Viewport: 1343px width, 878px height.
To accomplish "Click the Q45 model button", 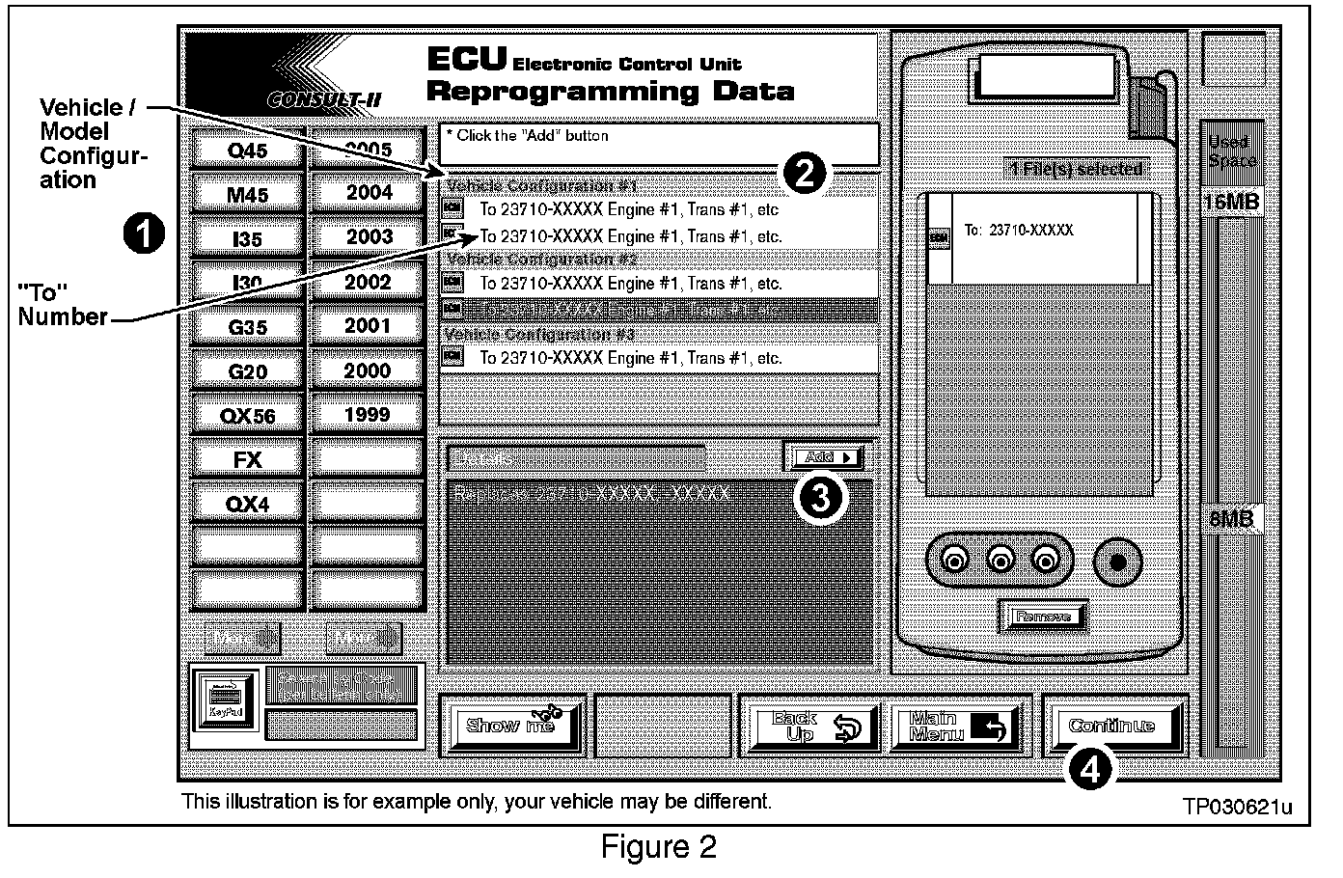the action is (x=248, y=150).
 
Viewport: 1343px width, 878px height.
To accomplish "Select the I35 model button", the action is (x=248, y=238).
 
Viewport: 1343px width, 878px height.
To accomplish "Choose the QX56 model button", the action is (x=248, y=416).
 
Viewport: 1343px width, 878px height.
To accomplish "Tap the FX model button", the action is (x=248, y=459).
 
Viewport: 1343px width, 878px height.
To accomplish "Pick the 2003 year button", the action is (x=369, y=237).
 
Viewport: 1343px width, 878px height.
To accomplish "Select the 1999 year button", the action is (x=369, y=415).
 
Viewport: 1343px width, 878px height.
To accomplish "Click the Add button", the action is (x=823, y=457).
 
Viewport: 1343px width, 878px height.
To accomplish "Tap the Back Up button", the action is (x=809, y=727).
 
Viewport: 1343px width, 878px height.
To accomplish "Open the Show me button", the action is (x=512, y=726).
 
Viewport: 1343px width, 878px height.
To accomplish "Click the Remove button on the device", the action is (x=1043, y=617).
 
